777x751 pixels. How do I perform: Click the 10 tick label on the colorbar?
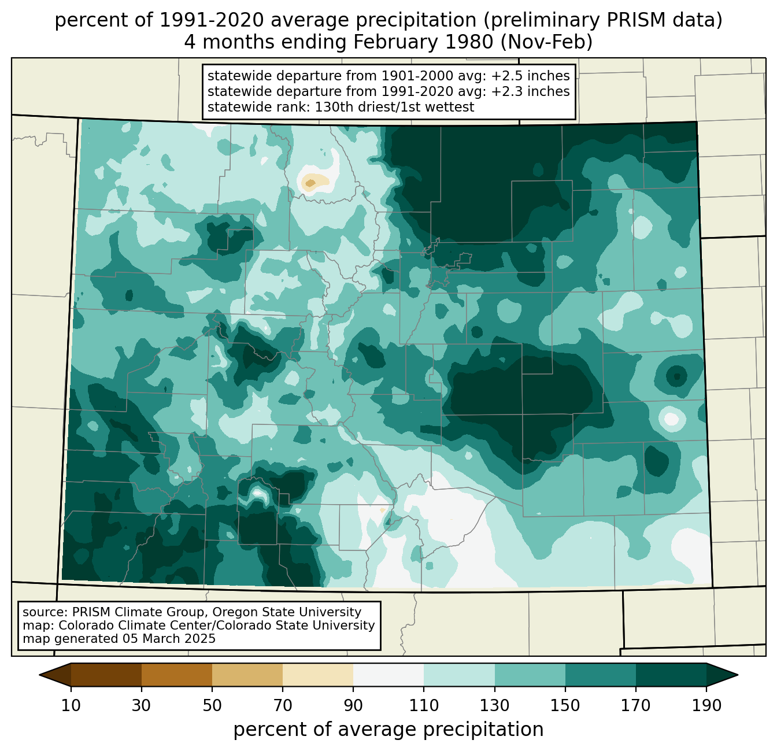(x=71, y=705)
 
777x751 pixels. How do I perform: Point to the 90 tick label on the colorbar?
(x=353, y=705)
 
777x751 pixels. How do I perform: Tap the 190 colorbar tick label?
(x=706, y=705)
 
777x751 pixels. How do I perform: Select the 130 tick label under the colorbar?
(x=494, y=705)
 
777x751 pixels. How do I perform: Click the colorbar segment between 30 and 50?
(x=176, y=675)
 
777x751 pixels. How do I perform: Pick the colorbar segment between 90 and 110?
(x=388, y=675)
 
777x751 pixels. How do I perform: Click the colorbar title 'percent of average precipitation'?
(x=388, y=730)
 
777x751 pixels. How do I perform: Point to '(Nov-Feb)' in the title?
(x=546, y=42)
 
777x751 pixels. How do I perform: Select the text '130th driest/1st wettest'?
(x=394, y=107)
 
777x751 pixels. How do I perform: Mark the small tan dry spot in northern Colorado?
(x=310, y=183)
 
